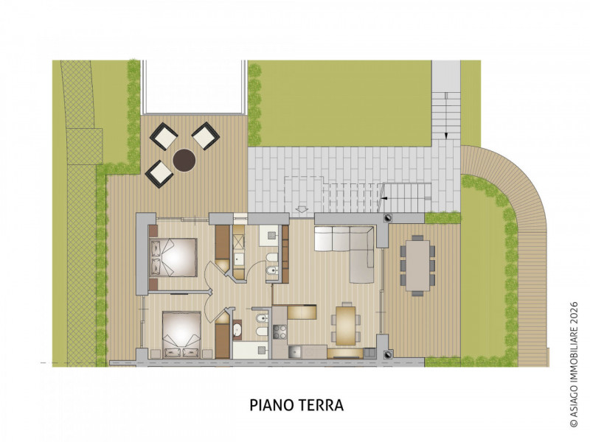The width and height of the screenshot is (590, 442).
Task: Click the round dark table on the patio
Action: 184,160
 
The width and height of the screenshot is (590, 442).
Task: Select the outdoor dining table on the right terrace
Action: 417,264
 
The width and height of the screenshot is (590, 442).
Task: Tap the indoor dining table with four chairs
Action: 345,325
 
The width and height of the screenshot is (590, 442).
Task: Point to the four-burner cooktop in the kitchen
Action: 280,331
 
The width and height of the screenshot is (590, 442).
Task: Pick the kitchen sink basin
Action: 294,352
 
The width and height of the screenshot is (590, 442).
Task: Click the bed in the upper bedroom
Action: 173,257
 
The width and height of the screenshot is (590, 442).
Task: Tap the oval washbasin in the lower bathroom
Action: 237,330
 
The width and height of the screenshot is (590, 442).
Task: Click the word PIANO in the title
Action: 272,405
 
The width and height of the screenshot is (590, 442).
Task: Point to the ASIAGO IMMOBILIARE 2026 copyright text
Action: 574,365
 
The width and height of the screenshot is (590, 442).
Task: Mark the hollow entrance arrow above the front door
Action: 302,209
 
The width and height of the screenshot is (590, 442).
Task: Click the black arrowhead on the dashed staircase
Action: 383,197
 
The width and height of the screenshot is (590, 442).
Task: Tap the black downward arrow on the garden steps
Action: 446,136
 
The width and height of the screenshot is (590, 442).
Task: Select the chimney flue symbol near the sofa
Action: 388,217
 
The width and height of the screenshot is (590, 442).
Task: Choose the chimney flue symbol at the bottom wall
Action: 388,354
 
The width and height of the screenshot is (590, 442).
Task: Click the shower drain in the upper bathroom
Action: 271,235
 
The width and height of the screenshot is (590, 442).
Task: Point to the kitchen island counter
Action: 302,312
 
